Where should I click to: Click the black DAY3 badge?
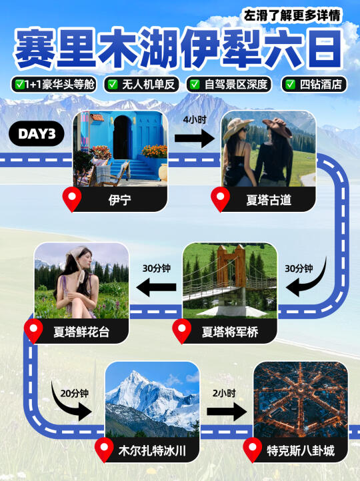[37, 134]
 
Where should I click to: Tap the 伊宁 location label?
[120, 200]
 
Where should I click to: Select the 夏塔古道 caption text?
[269, 200]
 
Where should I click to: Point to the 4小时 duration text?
[195, 119]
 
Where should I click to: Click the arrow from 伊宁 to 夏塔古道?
[194, 138]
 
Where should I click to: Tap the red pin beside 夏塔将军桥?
[182, 331]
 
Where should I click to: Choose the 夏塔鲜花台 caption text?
[81, 332]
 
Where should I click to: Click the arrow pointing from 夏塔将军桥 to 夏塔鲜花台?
[156, 287]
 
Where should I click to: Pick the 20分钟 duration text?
[75, 393]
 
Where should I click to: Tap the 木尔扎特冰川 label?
[152, 451]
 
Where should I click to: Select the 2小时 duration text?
[224, 393]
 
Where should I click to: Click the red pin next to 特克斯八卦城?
[253, 450]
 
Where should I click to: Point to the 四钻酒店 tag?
[314, 85]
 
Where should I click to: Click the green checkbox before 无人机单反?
[113, 85]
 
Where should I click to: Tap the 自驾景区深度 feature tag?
[229, 85]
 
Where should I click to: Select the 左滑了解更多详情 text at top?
[292, 15]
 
